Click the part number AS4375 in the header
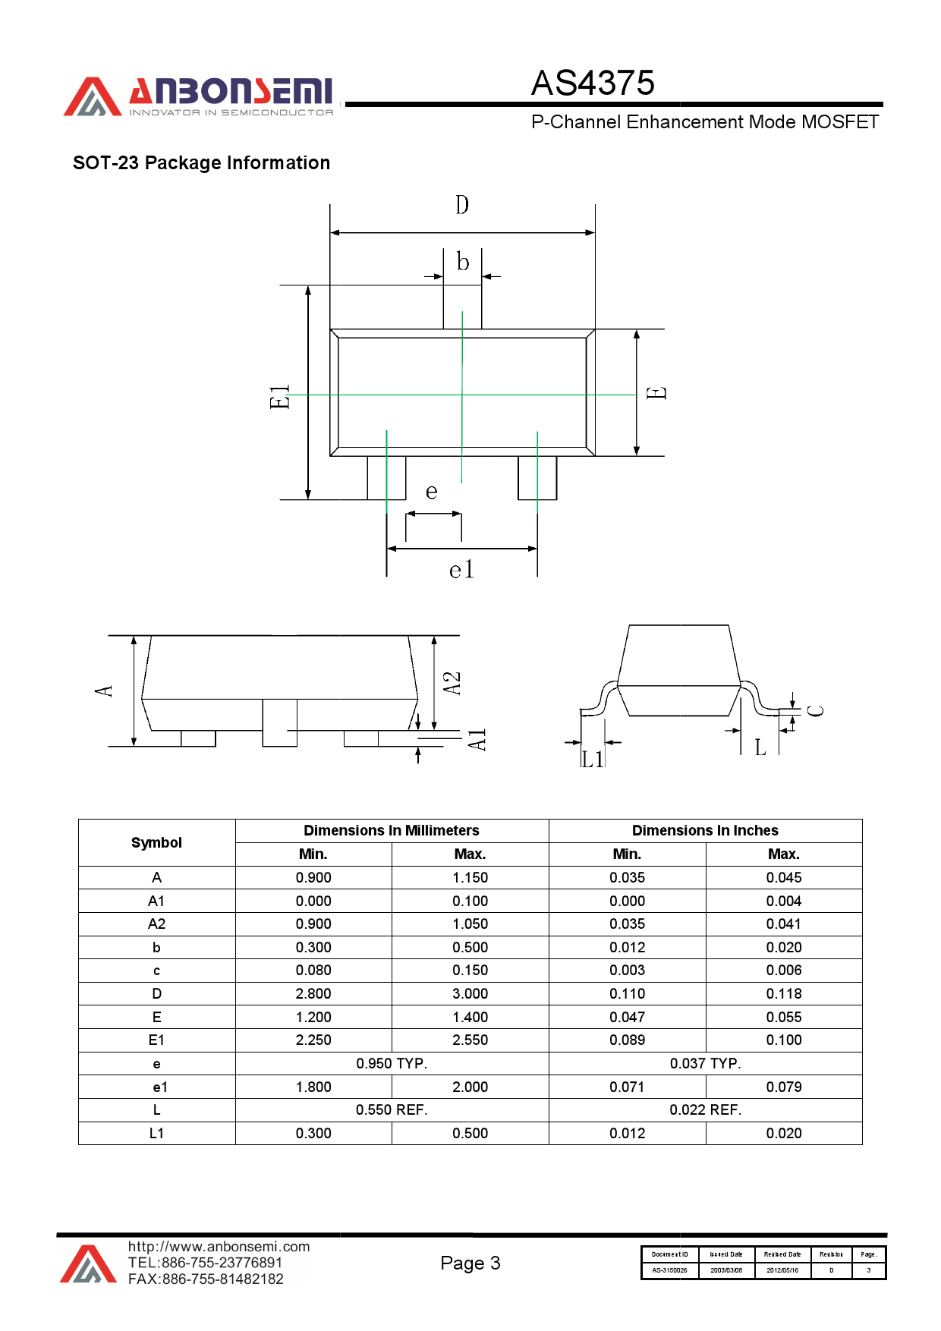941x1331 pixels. coord(593,83)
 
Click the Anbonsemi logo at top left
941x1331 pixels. coord(199,97)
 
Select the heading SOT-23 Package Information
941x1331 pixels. coord(201,163)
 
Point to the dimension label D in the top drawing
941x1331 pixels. coord(462,205)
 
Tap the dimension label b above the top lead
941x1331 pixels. coord(463,263)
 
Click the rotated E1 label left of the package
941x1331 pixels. coord(280,396)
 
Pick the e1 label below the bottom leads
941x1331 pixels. coord(461,570)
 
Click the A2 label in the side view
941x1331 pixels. coord(452,683)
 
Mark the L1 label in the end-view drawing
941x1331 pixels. coord(593,759)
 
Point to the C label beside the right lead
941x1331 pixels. coord(816,711)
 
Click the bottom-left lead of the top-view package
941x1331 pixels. coord(386,477)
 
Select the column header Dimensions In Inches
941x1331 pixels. coord(705,831)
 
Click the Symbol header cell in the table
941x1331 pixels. coord(156,842)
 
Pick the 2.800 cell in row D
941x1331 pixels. coord(313,994)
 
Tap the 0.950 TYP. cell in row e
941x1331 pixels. coord(392,1064)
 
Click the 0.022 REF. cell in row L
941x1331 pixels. coord(705,1110)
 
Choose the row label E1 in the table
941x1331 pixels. coord(156,1040)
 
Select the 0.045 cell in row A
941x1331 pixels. coord(783,878)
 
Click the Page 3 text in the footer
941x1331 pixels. coord(470,1263)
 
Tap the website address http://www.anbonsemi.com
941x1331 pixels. coord(219,1247)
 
